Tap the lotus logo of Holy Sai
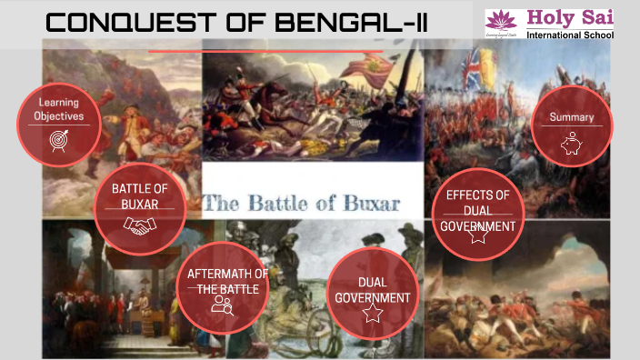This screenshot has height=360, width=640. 500,21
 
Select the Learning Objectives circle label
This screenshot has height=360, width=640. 59,109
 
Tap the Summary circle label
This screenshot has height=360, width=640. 572,116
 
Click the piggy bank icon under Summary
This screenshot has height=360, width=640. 572,144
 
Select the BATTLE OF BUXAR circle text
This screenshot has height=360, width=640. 141,195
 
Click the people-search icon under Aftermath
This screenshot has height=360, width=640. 222,305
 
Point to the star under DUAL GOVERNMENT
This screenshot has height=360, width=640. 372,313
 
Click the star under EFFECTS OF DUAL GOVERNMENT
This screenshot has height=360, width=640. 478,235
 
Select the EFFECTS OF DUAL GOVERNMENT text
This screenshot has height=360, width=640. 478,209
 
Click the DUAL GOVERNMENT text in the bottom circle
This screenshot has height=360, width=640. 372,289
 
